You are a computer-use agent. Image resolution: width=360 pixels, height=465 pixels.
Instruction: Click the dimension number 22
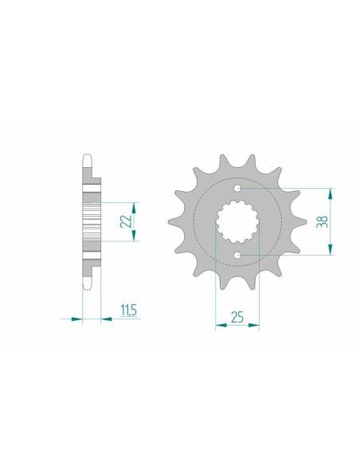click(126, 221)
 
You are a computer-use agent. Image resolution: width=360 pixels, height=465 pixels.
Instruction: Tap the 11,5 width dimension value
click(127, 310)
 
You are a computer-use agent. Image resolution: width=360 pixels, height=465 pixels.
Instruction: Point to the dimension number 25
click(237, 317)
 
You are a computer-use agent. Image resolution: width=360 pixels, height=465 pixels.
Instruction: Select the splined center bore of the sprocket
click(237, 222)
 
